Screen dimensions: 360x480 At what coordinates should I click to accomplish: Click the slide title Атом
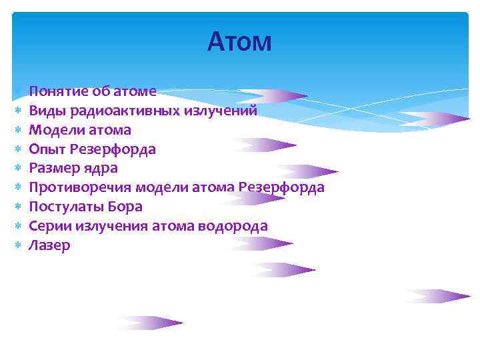[x=239, y=42]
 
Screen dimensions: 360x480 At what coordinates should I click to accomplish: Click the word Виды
[x=45, y=111]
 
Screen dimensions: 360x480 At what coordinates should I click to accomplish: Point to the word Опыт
[x=46, y=149]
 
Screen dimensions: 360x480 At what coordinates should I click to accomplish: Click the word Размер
[x=53, y=168]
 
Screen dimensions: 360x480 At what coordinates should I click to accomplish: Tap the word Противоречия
[x=73, y=187]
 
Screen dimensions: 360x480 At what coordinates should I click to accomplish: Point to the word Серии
[x=50, y=226]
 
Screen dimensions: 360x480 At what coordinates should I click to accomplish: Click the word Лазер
[x=50, y=245]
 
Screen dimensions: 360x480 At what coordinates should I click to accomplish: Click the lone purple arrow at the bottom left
[x=150, y=323]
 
